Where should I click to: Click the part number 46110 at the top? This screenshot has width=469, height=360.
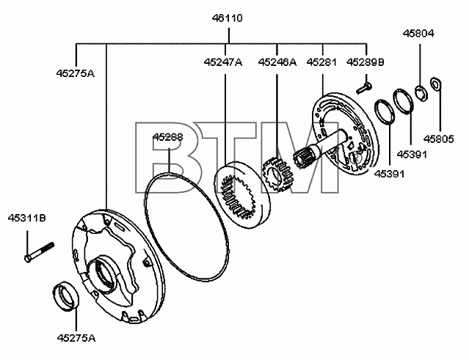pyautogui.click(x=228, y=18)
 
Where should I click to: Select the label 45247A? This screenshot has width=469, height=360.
pyautogui.click(x=223, y=62)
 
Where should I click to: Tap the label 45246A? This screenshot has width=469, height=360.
pyautogui.click(x=277, y=62)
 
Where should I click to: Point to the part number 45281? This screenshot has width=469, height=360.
pyautogui.click(x=321, y=62)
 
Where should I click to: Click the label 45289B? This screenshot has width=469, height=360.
pyautogui.click(x=366, y=62)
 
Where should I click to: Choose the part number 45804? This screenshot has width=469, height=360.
pyautogui.click(x=418, y=33)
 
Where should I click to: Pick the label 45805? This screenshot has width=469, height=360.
pyautogui.click(x=439, y=139)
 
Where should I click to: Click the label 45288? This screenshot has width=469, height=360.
pyautogui.click(x=168, y=137)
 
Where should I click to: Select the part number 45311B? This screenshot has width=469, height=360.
pyautogui.click(x=27, y=218)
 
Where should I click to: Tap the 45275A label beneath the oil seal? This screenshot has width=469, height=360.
pyautogui.click(x=76, y=338)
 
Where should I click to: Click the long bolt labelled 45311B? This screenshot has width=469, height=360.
pyautogui.click(x=39, y=253)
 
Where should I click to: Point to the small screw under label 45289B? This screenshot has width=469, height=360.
pyautogui.click(x=364, y=88)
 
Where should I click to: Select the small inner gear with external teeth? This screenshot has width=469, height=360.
pyautogui.click(x=278, y=175)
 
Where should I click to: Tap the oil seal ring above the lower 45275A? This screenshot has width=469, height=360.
pyautogui.click(x=66, y=295)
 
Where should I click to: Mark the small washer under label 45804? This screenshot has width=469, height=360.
pyautogui.click(x=422, y=93)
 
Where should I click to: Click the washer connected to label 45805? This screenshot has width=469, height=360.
pyautogui.click(x=435, y=84)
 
